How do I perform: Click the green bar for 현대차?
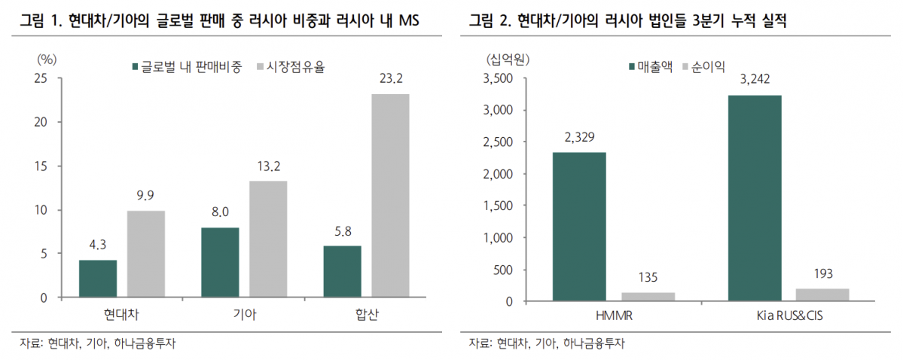98,279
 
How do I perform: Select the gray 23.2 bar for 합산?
390,196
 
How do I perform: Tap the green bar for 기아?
220,262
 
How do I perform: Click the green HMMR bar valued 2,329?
579,227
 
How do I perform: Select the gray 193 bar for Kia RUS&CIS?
822,294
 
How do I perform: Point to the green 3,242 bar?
755,198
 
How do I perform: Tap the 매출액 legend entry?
649,66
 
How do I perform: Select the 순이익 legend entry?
703,66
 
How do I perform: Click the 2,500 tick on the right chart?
498,142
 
